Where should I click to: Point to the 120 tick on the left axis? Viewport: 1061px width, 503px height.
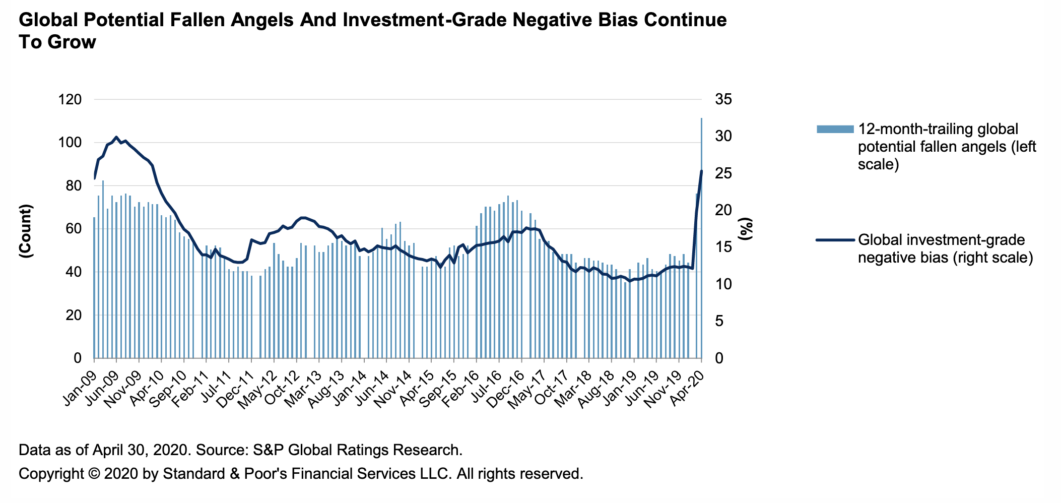coord(70,100)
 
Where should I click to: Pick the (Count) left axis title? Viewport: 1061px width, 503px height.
coord(26,231)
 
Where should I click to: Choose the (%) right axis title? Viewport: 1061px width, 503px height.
coord(746,229)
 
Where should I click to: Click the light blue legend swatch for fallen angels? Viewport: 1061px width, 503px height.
coord(835,129)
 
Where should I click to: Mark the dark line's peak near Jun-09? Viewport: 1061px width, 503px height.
coord(116,137)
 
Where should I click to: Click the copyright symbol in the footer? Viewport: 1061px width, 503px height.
coord(93,474)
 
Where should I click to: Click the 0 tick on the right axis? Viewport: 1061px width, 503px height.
coord(719,358)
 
